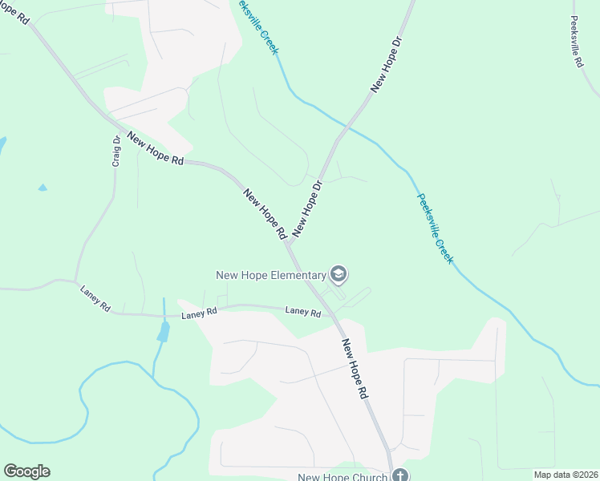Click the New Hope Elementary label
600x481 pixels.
coord(271,275)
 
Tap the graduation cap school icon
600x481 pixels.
coord(339,275)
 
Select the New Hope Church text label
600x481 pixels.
coord(343,477)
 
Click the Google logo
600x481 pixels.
coord(26,471)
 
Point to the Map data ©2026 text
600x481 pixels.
coord(566,475)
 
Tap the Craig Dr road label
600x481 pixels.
coord(116,151)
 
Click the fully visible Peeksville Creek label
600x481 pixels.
coord(435,228)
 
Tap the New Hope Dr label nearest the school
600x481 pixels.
coord(307,208)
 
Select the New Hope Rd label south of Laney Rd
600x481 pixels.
coord(355,370)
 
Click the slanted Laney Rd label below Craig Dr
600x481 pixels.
coord(95,297)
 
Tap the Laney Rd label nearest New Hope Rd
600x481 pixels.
coord(303,312)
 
